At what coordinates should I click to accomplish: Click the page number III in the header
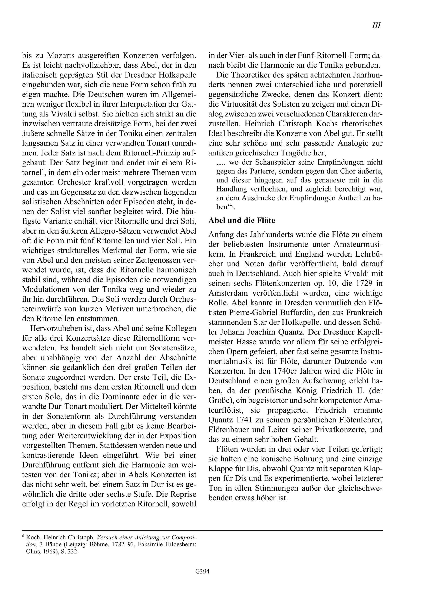(x=376, y=25)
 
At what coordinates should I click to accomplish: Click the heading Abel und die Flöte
(x=242, y=220)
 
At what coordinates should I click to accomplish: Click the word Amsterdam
(x=228, y=293)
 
